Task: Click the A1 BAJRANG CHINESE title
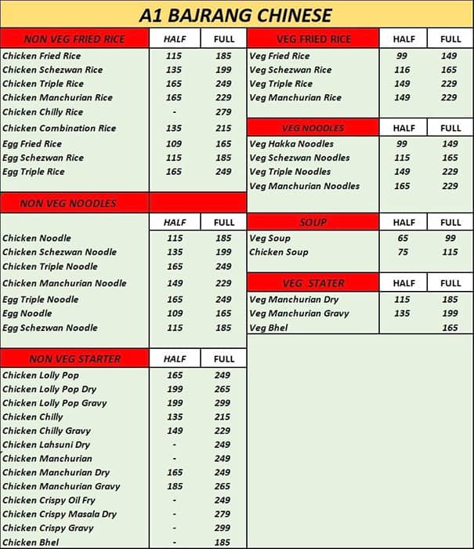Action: pyautogui.click(x=235, y=15)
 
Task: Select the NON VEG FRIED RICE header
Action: pyautogui.click(x=74, y=39)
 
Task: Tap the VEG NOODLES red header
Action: pyautogui.click(x=313, y=128)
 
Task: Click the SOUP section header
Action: pyautogui.click(x=313, y=223)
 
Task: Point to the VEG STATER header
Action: pyautogui.click(x=313, y=283)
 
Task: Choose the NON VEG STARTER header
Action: pyautogui.click(x=74, y=358)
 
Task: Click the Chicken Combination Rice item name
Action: pyautogui.click(x=59, y=128)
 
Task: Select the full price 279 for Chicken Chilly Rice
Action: pyautogui.click(x=223, y=112)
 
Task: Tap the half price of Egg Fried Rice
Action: pyautogui.click(x=174, y=144)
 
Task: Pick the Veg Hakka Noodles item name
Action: pyautogui.click(x=291, y=144)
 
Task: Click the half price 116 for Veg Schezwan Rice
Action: pyautogui.click(x=402, y=70)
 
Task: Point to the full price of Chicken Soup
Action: pyautogui.click(x=450, y=253)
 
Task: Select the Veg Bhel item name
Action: pyautogui.click(x=268, y=328)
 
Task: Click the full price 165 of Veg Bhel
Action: pyautogui.click(x=450, y=328)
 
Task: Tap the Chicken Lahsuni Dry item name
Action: pyautogui.click(x=46, y=445)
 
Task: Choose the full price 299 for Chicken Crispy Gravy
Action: pyautogui.click(x=223, y=529)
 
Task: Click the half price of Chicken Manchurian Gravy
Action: pyautogui.click(x=174, y=486)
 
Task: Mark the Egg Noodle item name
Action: pyautogui.click(x=27, y=314)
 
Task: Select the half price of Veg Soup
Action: pyautogui.click(x=402, y=238)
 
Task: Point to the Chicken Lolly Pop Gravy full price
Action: pyautogui.click(x=223, y=403)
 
